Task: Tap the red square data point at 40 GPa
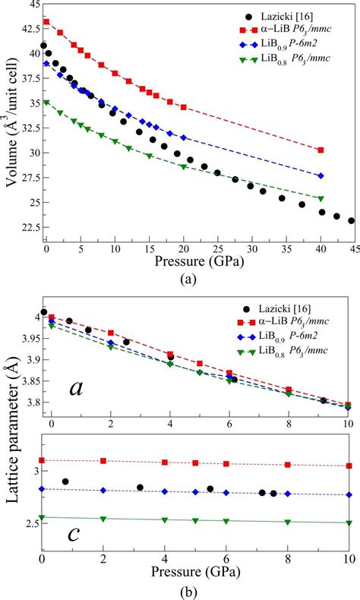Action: pos(321,150)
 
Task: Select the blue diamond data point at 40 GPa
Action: pos(321,175)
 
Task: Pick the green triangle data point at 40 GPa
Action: pos(321,199)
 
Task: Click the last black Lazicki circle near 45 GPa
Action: pos(352,221)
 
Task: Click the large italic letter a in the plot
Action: pos(75,388)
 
